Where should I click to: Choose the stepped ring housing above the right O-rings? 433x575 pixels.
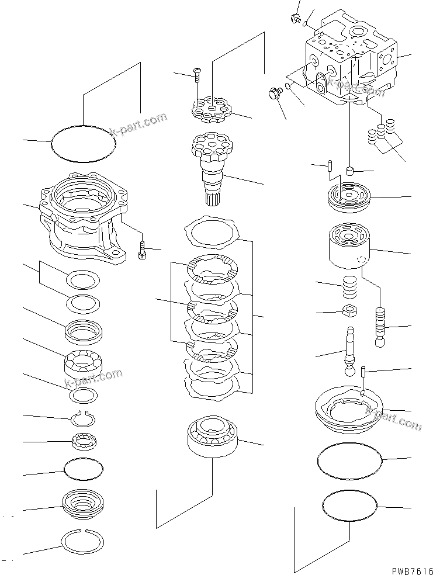[x=348, y=412]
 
